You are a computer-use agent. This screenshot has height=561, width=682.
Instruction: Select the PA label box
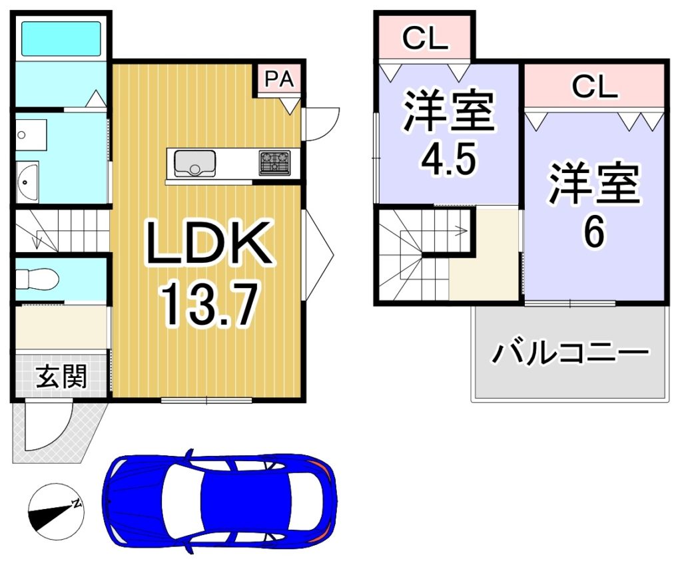279,79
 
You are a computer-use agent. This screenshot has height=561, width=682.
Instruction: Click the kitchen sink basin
194,164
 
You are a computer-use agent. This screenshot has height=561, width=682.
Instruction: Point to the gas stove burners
275,163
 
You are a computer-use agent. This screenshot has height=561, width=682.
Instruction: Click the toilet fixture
37,279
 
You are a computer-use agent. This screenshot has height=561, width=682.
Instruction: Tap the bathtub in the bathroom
61,38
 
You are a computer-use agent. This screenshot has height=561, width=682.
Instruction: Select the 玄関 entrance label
61,376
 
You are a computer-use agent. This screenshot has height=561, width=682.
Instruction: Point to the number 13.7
210,303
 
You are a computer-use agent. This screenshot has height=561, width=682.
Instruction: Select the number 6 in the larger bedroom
593,231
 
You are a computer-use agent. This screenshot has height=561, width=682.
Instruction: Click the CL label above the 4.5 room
425,38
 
